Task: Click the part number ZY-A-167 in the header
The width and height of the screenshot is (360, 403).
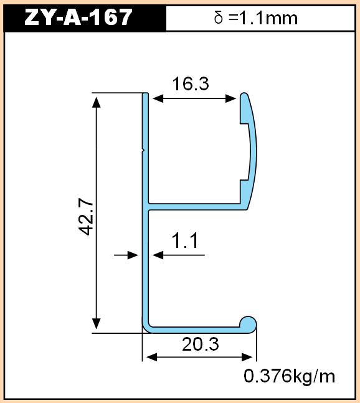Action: coord(78,17)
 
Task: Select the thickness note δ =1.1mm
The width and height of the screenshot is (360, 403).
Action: coord(255,18)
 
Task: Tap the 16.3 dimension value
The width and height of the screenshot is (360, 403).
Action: coord(191,84)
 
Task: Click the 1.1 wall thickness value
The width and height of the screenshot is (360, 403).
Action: coord(186,240)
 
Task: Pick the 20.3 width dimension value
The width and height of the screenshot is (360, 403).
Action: coord(201,344)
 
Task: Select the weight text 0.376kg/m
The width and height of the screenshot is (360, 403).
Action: coord(290,376)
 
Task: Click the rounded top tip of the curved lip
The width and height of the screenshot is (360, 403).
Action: coord(244,96)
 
